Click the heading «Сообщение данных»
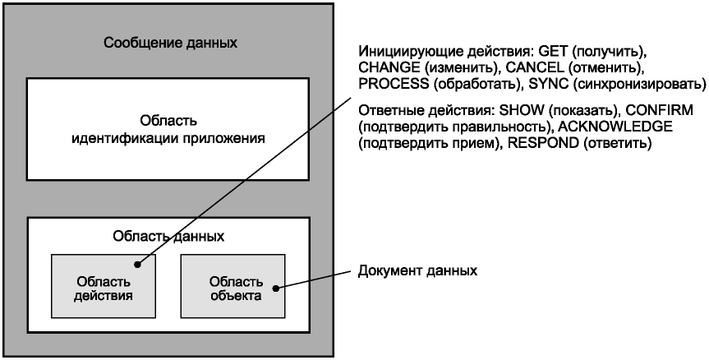tap(170, 43)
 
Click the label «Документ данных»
tap(417, 270)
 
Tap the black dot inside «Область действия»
tap(138, 265)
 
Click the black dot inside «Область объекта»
tap(276, 288)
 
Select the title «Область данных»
tap(169, 237)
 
